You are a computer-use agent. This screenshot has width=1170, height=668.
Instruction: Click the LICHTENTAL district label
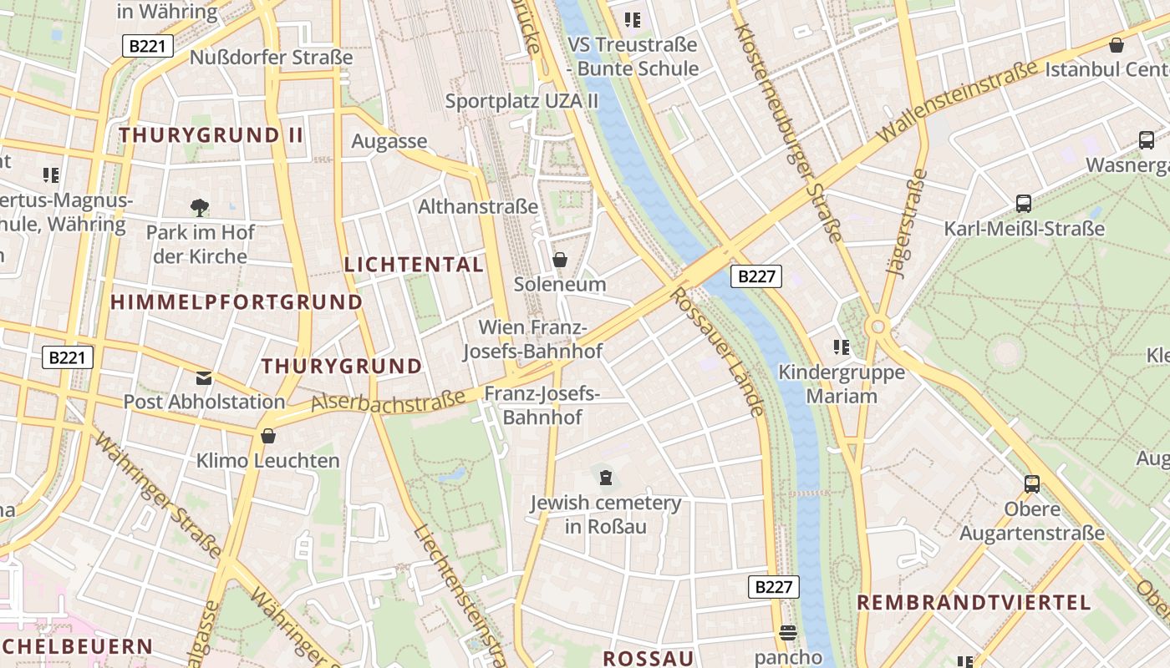coord(414,265)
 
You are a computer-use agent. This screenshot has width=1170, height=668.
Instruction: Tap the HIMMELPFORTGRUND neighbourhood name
coord(237,302)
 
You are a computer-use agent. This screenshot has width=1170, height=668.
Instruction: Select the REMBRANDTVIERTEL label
coord(974,602)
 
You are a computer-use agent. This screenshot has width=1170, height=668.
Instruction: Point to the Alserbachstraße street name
coord(389,399)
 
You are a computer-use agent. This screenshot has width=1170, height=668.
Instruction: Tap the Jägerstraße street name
coord(906,222)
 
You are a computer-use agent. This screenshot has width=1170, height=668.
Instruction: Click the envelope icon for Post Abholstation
coord(204,378)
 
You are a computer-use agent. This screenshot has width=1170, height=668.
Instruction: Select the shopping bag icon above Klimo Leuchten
coord(268,436)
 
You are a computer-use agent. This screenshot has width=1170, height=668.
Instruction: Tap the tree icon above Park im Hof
coord(199,207)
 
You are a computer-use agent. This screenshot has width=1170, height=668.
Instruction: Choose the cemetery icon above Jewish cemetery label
coord(606,478)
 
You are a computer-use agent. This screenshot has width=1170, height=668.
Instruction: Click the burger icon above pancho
coord(787,633)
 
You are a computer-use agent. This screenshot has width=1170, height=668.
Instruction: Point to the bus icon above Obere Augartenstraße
coord(1032,483)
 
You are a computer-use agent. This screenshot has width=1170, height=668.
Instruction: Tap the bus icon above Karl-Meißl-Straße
coord(1023,203)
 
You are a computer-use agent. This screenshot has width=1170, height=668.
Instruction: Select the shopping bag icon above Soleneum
coord(560,260)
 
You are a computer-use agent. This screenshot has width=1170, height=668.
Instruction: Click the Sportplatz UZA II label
coord(522,101)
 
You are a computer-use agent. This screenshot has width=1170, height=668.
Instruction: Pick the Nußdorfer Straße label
coord(272,58)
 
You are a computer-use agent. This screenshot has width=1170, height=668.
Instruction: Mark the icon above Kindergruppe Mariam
coord(841,347)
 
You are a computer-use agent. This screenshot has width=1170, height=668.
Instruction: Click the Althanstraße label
coord(478,206)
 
